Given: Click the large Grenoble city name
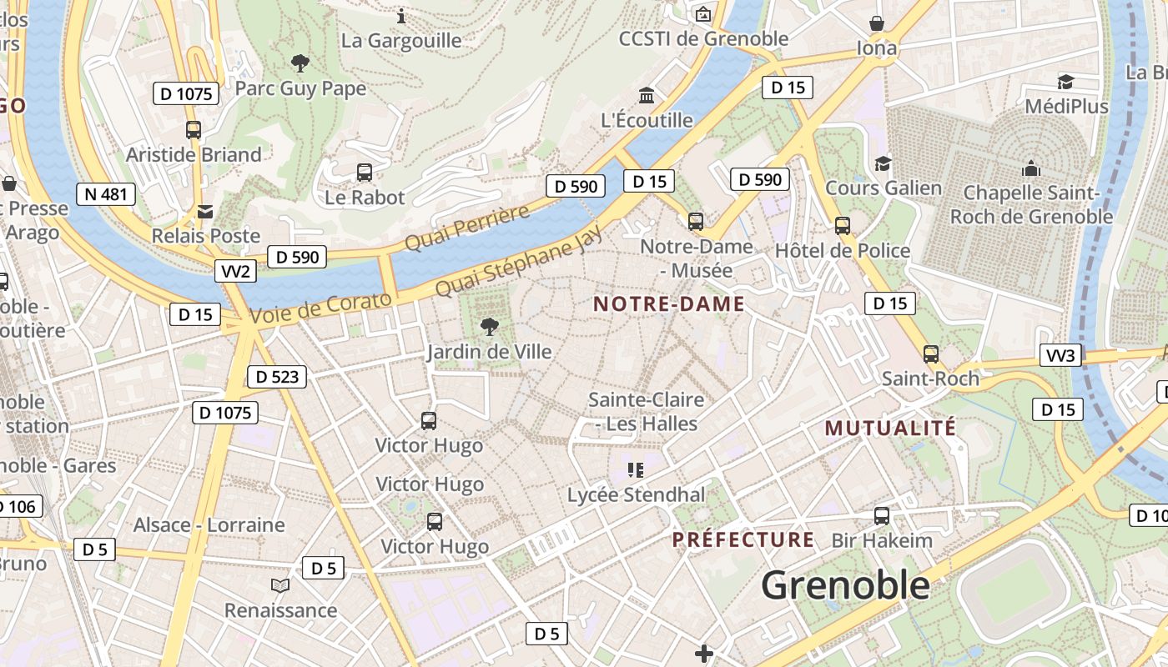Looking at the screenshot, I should (845, 585).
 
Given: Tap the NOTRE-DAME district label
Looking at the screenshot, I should (668, 304).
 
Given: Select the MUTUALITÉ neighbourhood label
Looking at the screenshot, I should (890, 429).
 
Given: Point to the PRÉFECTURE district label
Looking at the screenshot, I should (743, 540).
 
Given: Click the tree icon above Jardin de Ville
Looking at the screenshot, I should (490, 327).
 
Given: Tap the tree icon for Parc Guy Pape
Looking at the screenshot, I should (300, 63).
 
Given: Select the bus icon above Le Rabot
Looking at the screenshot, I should (365, 173).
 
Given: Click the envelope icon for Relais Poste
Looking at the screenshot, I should (205, 212).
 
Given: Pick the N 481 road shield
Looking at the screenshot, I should (105, 194).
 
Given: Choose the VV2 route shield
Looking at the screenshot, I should (235, 271).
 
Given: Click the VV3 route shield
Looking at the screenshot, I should (1060, 356).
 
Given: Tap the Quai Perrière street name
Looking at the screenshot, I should (467, 227).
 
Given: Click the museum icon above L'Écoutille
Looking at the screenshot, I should (647, 95).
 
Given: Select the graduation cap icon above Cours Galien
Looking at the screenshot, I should (883, 163).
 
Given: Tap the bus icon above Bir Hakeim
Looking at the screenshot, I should (881, 516).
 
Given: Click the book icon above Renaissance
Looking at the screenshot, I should (280, 585).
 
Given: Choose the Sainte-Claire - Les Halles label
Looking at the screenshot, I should (646, 412).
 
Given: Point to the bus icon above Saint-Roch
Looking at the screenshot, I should (931, 354).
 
